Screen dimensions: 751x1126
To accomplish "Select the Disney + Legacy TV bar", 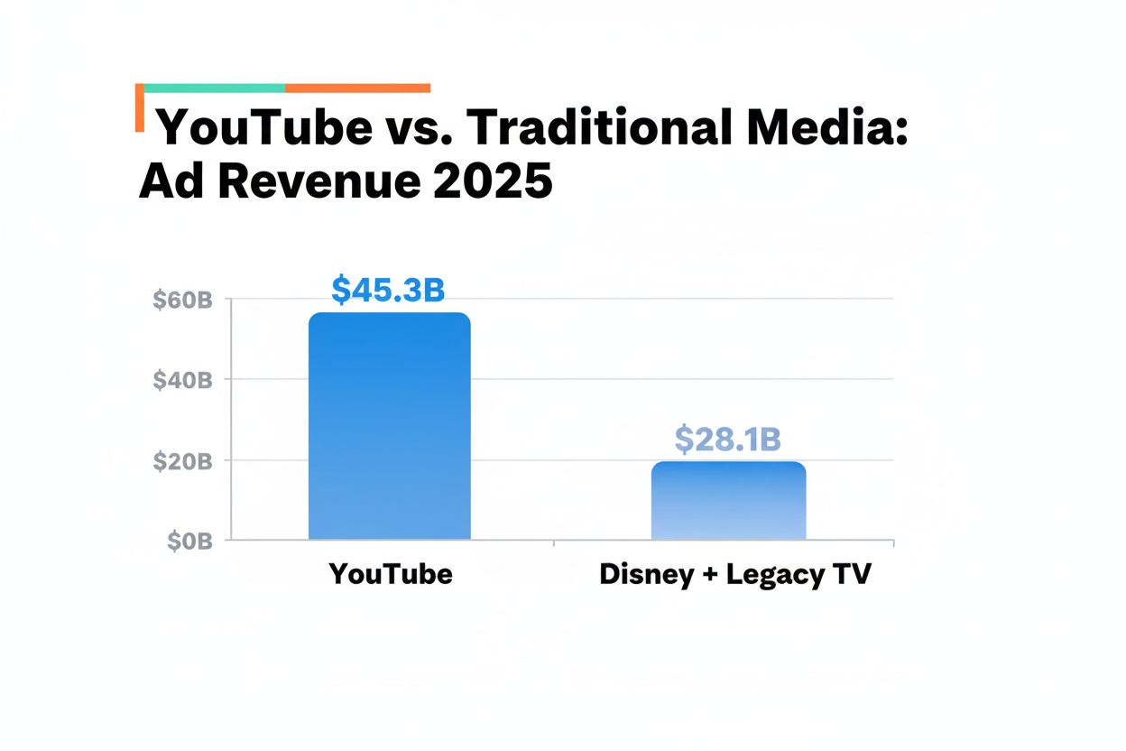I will tap(728, 501).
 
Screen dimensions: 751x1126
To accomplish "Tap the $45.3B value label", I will tap(388, 289).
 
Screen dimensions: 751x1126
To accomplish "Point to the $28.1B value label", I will tap(727, 440).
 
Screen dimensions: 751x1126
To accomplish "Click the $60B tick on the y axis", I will tap(182, 299).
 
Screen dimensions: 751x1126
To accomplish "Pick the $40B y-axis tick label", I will tap(182, 379).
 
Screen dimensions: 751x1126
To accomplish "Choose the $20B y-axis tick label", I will tap(182, 460).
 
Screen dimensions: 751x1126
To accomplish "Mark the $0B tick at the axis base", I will tap(189, 541).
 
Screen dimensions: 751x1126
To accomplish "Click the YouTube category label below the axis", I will tap(390, 574).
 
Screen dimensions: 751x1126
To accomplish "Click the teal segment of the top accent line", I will tap(214, 88).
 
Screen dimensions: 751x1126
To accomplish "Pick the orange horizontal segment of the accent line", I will tap(357, 88).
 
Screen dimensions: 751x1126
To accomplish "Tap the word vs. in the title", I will tap(420, 129).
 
